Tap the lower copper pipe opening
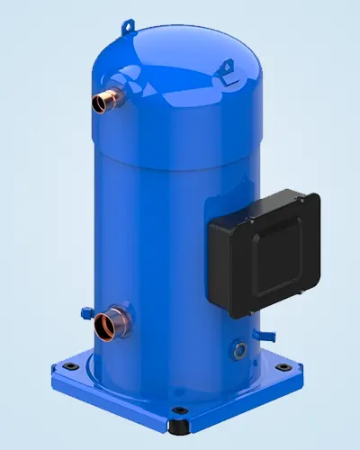(110, 321)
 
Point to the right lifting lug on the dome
(227, 65)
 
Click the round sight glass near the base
(238, 346)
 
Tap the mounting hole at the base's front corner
(181, 414)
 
